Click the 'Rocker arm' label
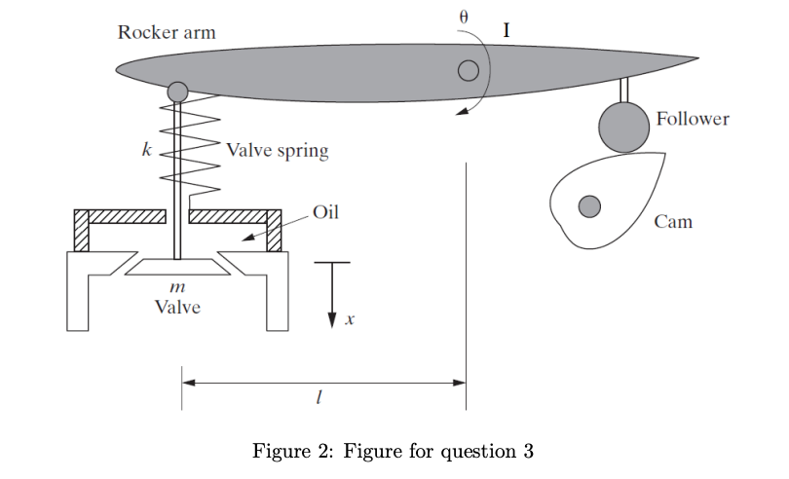pyautogui.click(x=167, y=33)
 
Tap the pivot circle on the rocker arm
pyautogui.click(x=469, y=70)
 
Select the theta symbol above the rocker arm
pyautogui.click(x=464, y=17)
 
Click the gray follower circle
pyautogui.click(x=623, y=127)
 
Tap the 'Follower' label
pyautogui.click(x=693, y=119)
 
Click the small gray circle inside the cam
pyautogui.click(x=588, y=206)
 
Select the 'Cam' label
pyautogui.click(x=673, y=222)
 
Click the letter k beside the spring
pyautogui.click(x=146, y=152)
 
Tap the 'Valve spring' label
pyautogui.click(x=278, y=151)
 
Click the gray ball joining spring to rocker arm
pyautogui.click(x=177, y=92)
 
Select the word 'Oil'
pyautogui.click(x=326, y=212)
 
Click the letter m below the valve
pyautogui.click(x=177, y=289)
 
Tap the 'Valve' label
pyautogui.click(x=177, y=307)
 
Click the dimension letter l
pyautogui.click(x=319, y=399)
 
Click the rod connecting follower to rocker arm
pyautogui.click(x=623, y=89)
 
